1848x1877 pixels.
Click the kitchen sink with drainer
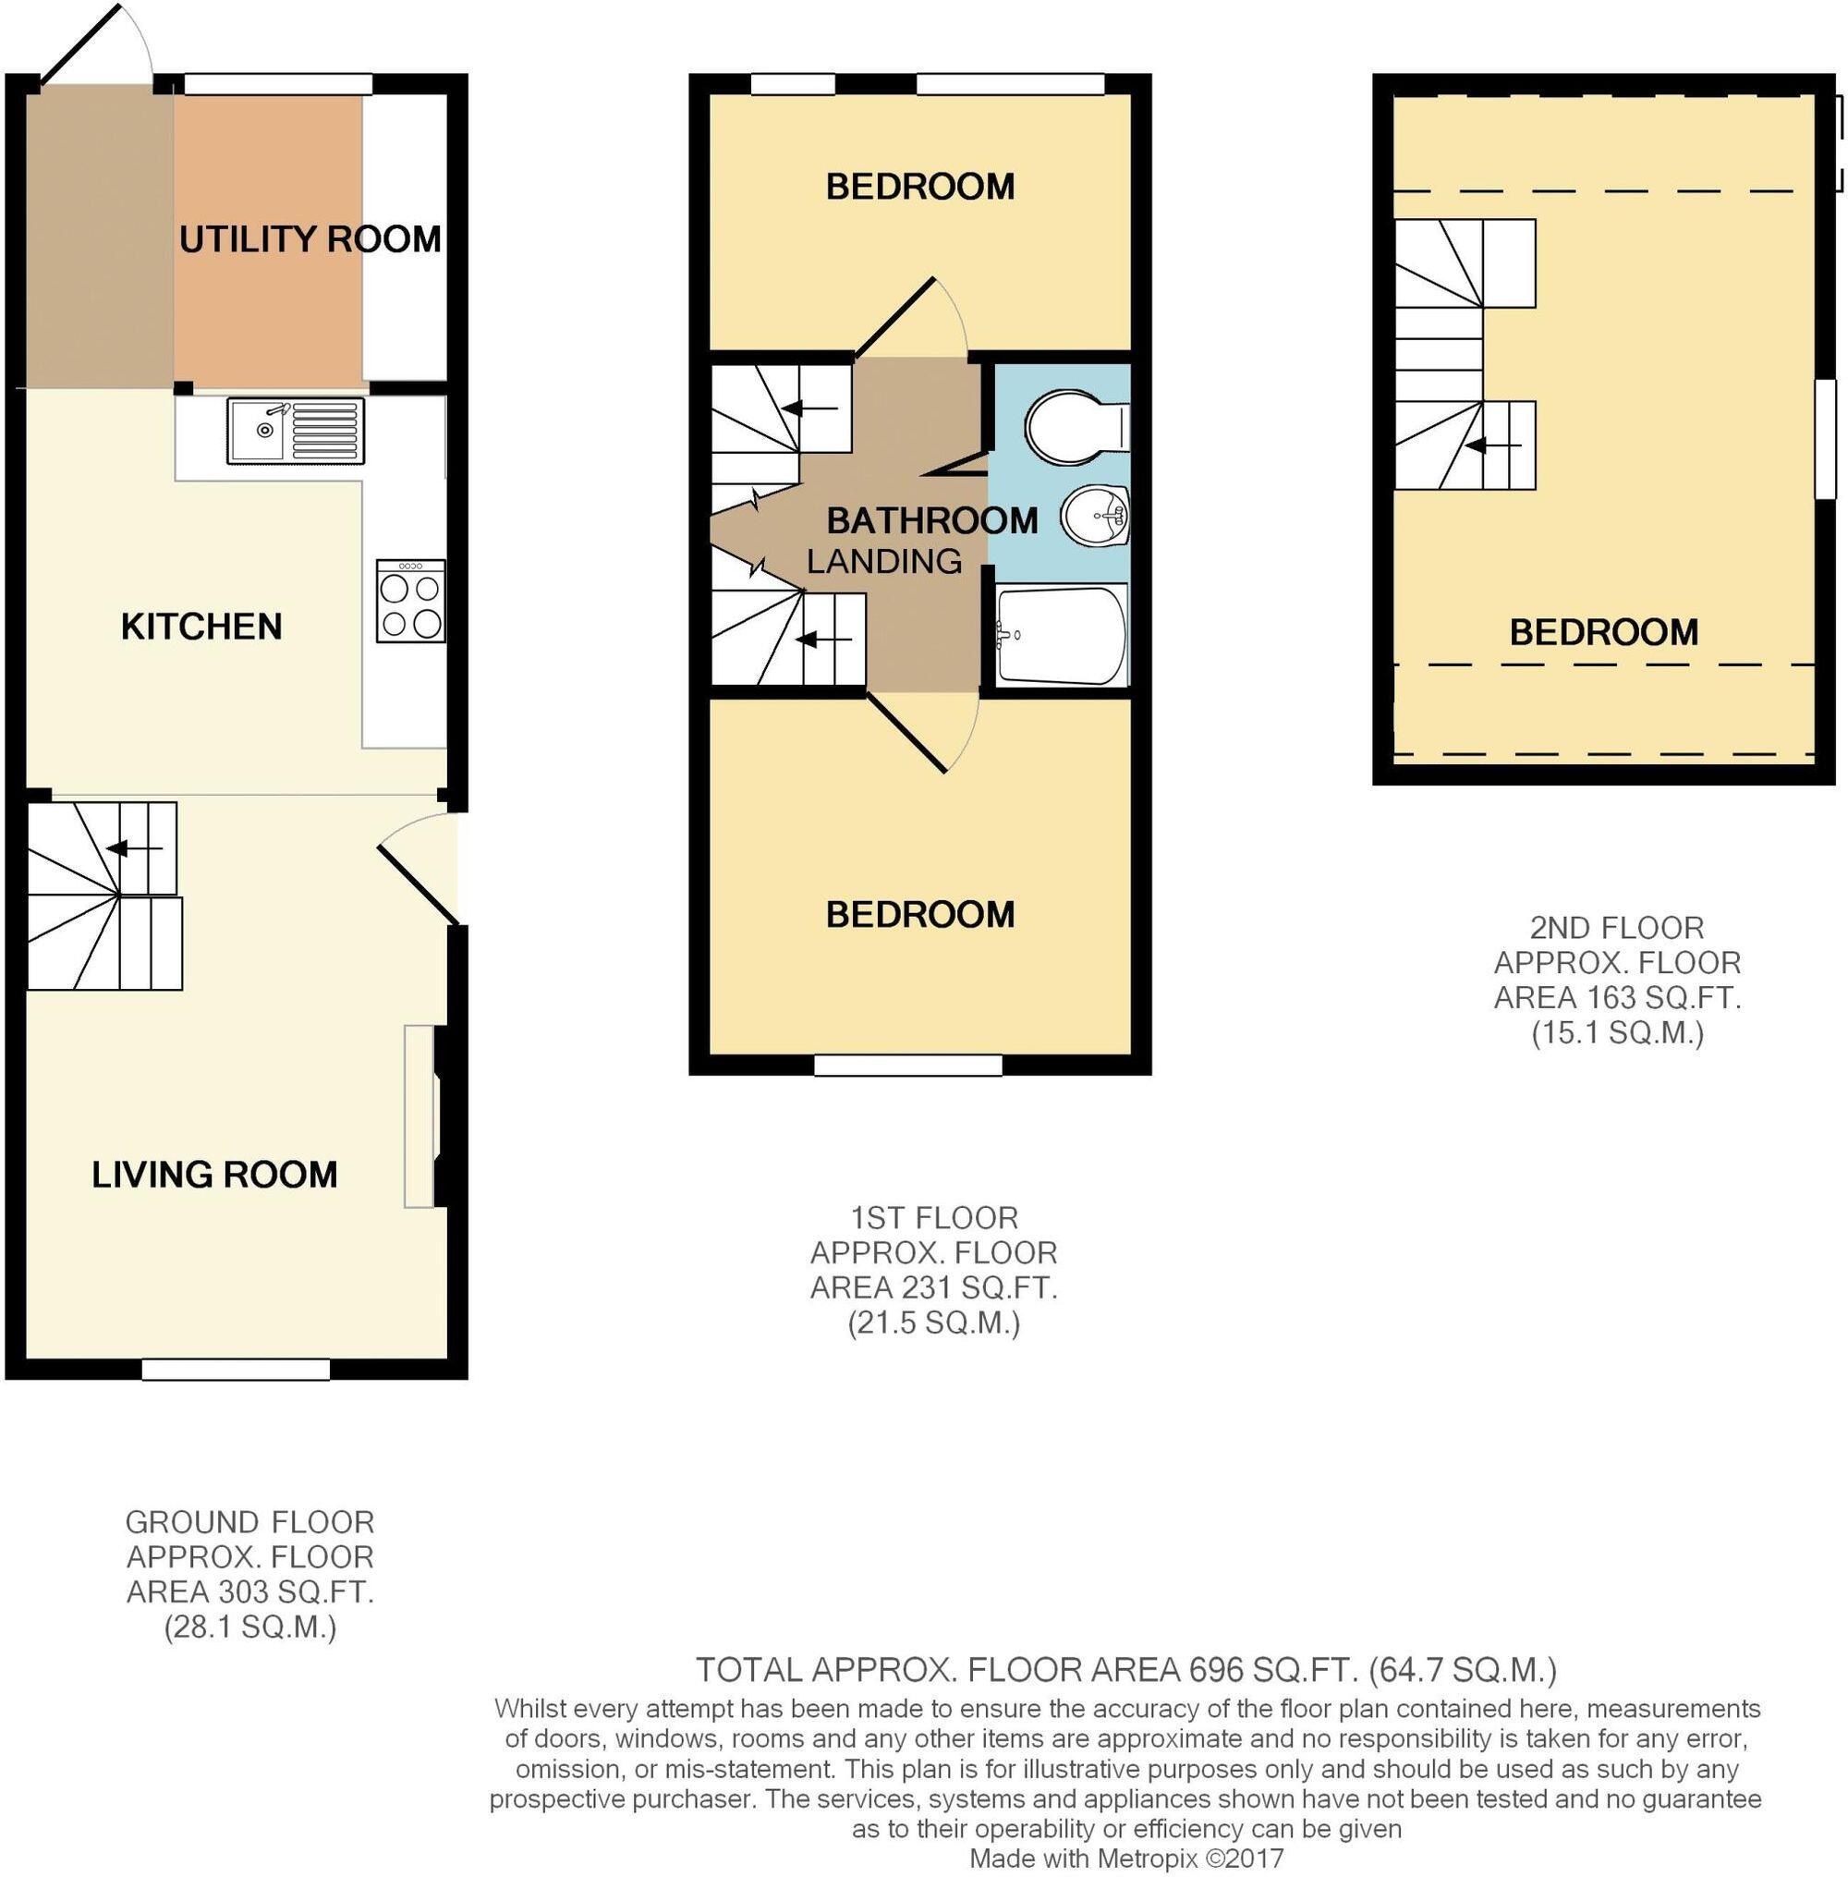296,431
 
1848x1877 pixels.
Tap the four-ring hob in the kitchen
410,602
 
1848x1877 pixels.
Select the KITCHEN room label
201,627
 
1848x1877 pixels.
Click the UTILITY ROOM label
310,238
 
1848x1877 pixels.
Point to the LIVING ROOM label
214,1176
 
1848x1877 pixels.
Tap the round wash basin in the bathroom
1094,516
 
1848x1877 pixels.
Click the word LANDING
883,561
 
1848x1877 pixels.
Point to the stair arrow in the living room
133,849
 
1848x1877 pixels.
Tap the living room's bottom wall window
236,1370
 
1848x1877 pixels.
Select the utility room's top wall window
278,84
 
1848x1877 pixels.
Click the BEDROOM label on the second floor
1603,633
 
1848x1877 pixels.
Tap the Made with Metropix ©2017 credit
1125,1859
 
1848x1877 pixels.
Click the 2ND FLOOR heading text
1616,928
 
